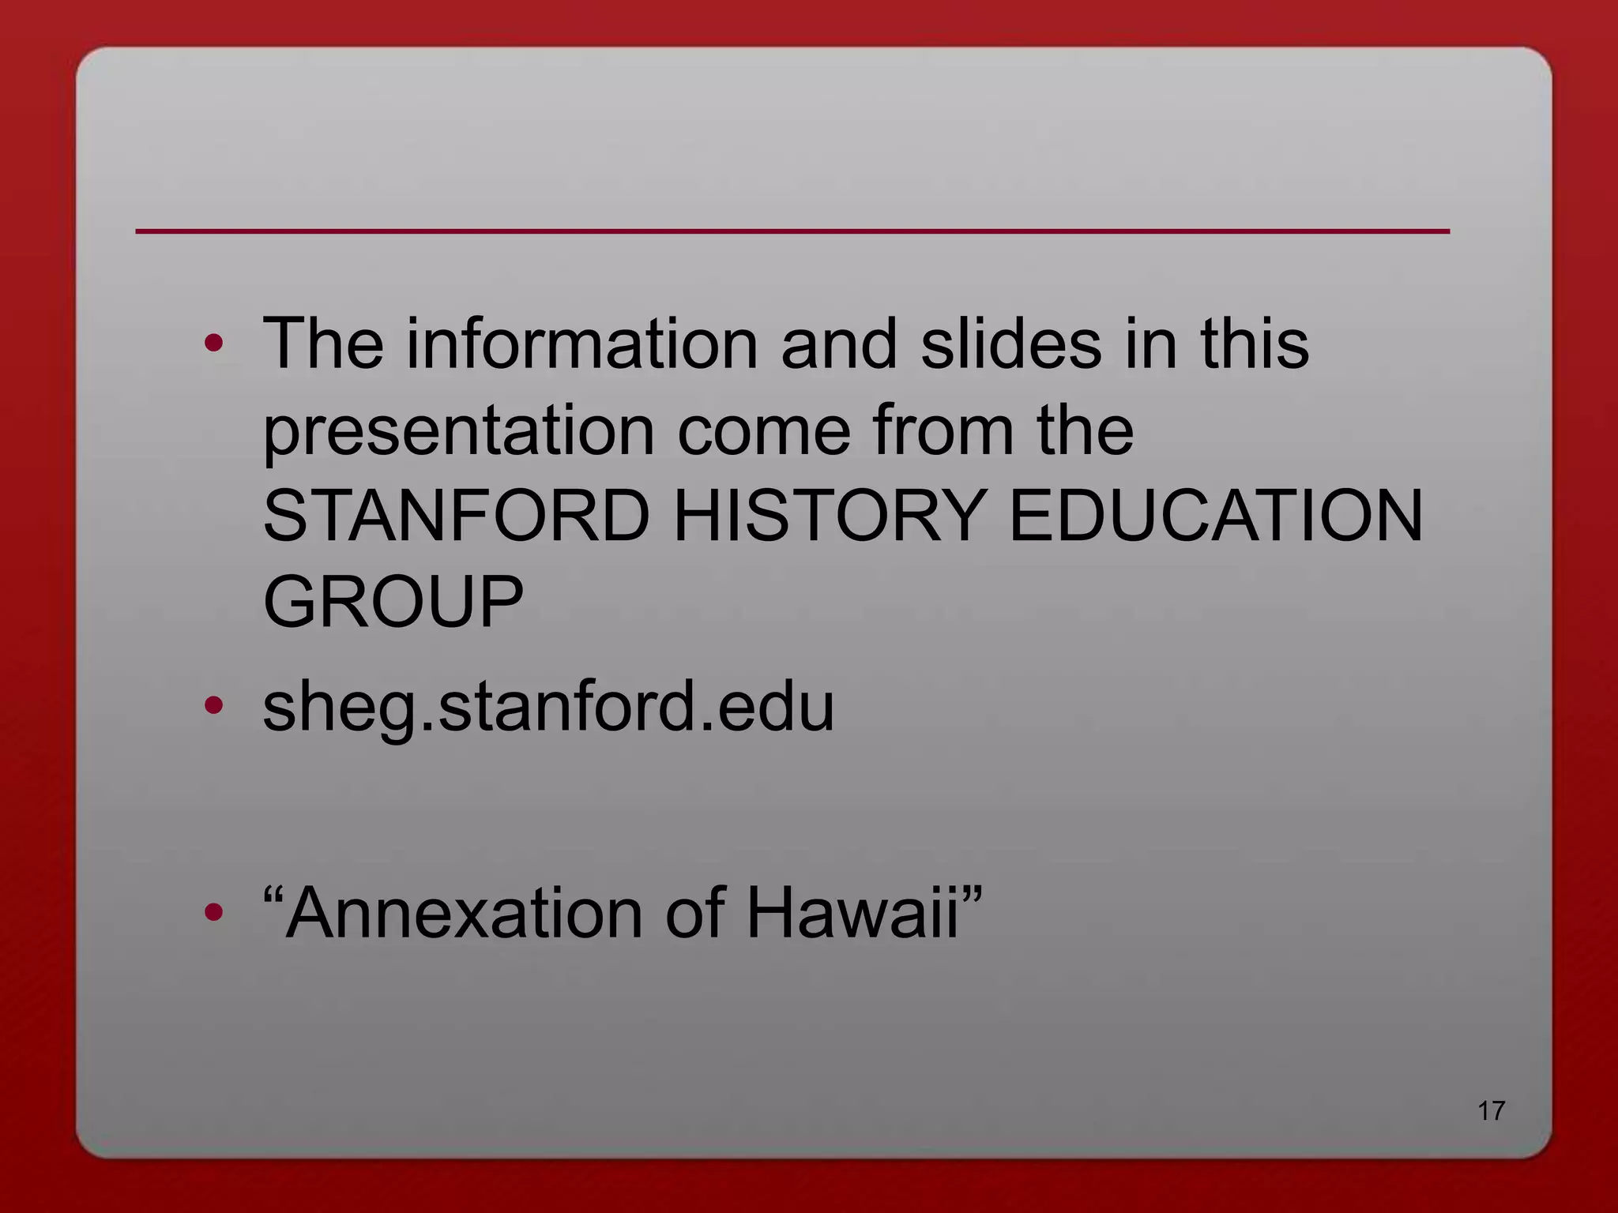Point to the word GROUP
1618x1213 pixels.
pos(393,602)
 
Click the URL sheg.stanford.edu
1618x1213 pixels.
pos(548,707)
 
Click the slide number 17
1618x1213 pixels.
pos(1491,1111)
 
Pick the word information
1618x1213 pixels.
pos(582,344)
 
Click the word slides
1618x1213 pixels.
pos(1010,344)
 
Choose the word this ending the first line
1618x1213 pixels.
pos(1254,344)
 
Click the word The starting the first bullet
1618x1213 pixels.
pos(323,344)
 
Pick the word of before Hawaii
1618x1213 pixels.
pos(694,914)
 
